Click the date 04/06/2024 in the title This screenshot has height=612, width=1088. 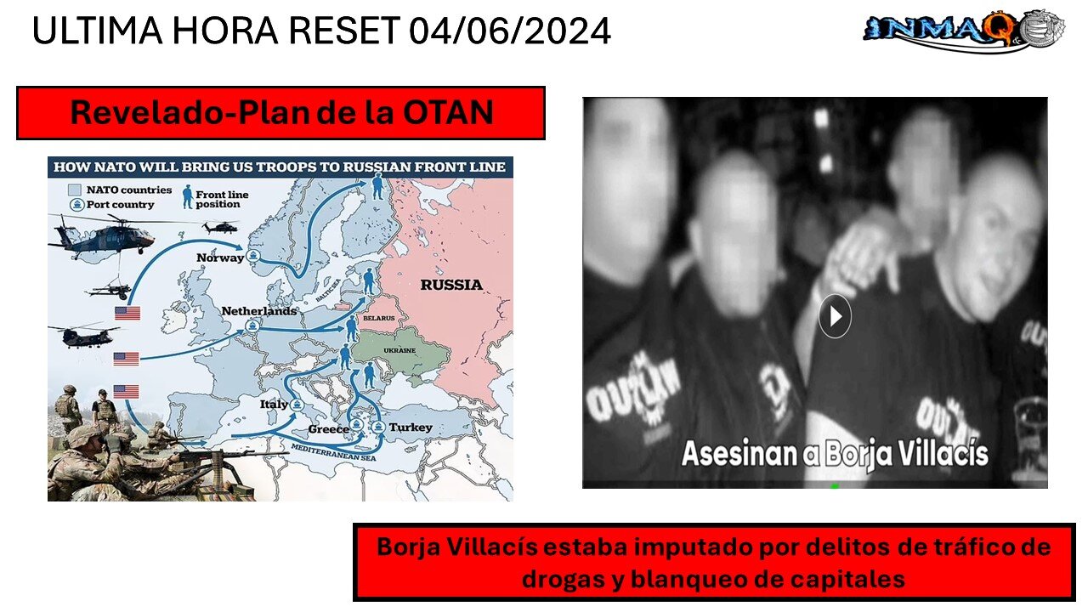tap(509, 31)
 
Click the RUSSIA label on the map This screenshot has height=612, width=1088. tap(450, 285)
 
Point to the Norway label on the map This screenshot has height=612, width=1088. tap(220, 258)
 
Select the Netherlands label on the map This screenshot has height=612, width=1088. tap(259, 311)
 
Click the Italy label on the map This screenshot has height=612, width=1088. tap(274, 405)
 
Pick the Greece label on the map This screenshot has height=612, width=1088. tap(328, 429)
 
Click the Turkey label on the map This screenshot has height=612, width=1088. tap(411, 427)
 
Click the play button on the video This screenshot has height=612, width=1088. tap(835, 316)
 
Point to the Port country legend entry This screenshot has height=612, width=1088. tap(120, 204)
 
